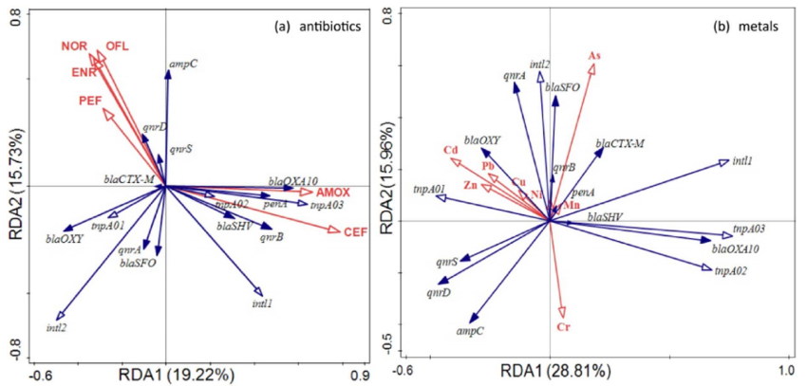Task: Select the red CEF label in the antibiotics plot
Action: [x=355, y=230]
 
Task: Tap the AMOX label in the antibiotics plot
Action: [x=332, y=192]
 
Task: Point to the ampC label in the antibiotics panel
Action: [x=182, y=64]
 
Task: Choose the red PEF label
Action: [x=90, y=100]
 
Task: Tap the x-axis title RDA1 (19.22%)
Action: [x=176, y=375]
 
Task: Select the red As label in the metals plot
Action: [x=594, y=56]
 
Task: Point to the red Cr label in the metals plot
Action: [x=563, y=327]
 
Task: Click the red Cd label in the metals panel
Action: [x=450, y=150]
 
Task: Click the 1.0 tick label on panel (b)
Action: [x=785, y=367]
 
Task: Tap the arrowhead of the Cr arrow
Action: [x=562, y=314]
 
